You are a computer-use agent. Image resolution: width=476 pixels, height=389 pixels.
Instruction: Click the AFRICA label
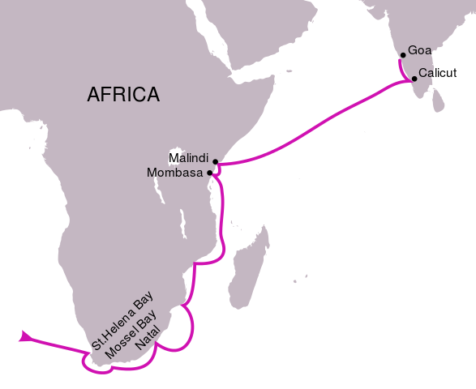coord(123,95)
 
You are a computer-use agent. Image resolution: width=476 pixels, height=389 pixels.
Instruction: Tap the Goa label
coord(419,50)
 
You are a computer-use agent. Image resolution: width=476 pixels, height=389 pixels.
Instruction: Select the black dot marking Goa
coord(402,56)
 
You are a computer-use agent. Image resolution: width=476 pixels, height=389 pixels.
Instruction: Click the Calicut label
coord(438,72)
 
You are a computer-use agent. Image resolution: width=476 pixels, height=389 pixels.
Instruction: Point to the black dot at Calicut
coord(414,79)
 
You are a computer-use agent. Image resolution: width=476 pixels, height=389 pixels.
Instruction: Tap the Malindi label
coord(188,157)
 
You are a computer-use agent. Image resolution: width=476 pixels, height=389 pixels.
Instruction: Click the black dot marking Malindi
coord(216,162)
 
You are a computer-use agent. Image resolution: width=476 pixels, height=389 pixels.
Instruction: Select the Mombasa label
coord(174,172)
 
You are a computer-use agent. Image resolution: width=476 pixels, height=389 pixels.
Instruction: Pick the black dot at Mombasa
coord(210,173)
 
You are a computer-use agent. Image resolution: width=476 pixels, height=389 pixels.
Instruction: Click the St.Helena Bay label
coord(122,319)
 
